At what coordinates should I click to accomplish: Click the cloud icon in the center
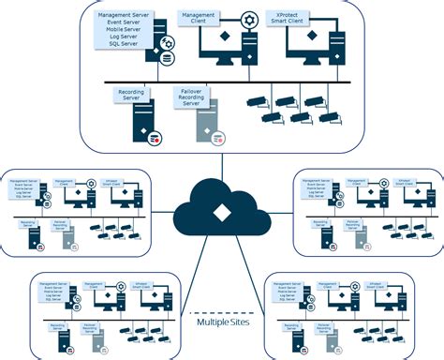tap(221, 209)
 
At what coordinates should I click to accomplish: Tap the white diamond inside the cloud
tap(221, 213)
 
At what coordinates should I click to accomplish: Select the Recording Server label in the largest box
tap(130, 95)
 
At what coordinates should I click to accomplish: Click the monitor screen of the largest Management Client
tap(215, 46)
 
